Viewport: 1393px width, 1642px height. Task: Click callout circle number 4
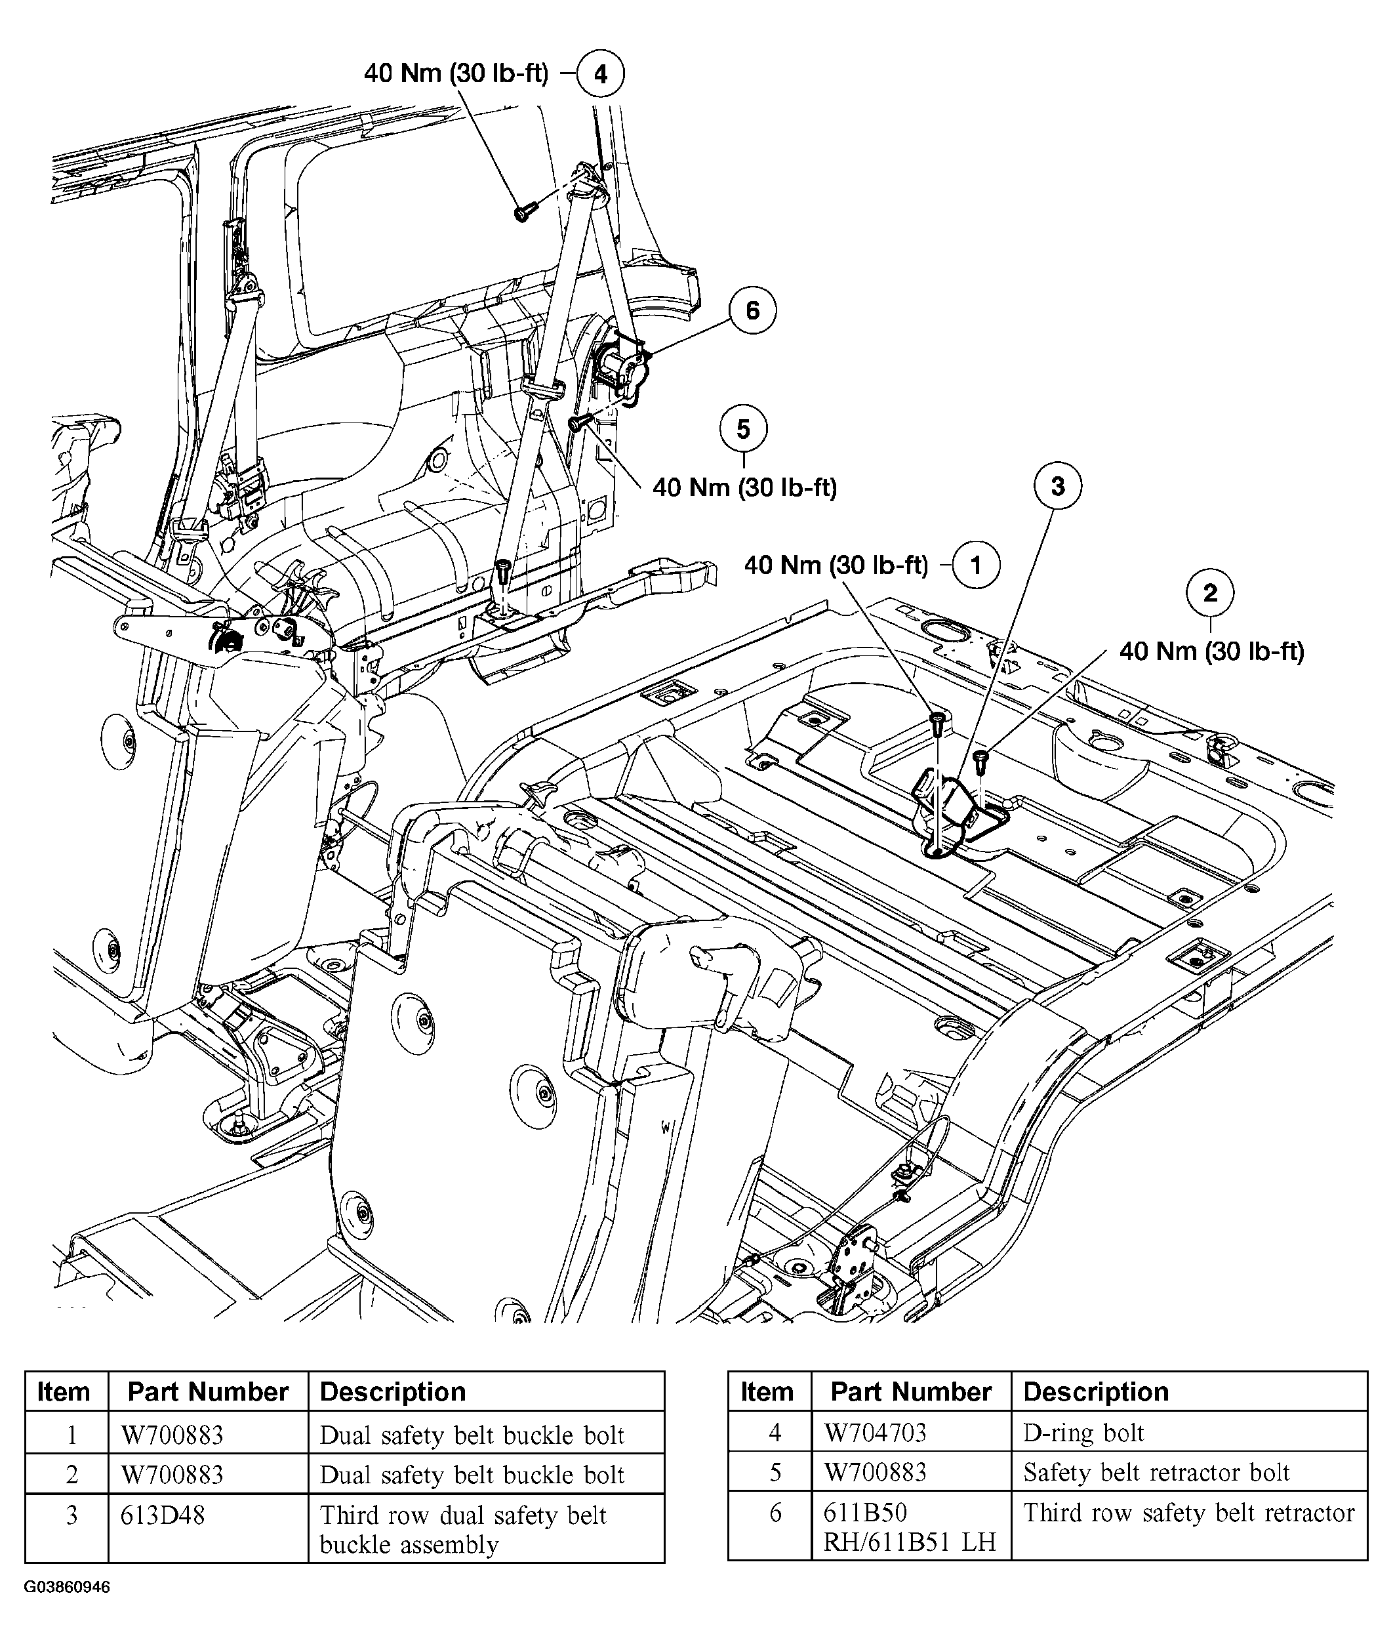coord(600,74)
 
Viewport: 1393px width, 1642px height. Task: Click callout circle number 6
coord(752,310)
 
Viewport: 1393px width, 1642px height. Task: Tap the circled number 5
coord(743,429)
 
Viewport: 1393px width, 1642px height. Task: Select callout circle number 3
coord(1057,487)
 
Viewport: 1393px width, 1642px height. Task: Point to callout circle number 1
coord(975,565)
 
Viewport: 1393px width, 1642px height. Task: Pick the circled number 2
coord(1210,593)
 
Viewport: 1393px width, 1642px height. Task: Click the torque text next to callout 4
coord(456,73)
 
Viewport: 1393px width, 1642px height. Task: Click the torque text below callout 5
coord(744,487)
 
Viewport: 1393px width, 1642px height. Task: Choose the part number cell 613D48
coord(163,1514)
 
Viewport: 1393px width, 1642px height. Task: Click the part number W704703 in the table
coord(875,1432)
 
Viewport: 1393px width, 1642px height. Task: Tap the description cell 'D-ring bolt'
coord(1083,1432)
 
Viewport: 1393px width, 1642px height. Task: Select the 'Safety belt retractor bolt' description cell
coord(1156,1472)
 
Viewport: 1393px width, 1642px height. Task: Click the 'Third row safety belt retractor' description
coord(1188,1513)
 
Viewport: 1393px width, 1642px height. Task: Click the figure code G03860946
coord(67,1588)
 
